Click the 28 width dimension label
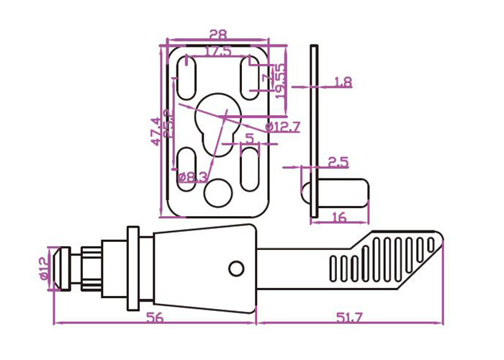218,33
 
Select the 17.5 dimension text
218,52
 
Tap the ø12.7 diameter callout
282,127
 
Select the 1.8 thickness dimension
343,83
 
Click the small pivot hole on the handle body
236,268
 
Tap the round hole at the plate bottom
217,192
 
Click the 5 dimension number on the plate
249,137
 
